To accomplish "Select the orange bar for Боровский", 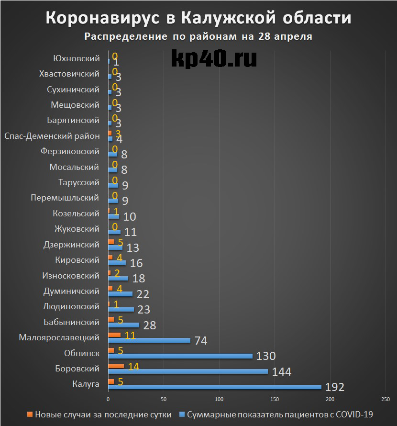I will (x=116, y=366).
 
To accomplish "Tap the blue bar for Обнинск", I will (x=180, y=356).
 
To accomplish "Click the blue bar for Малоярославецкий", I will (x=149, y=340).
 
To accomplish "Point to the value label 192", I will (x=335, y=387).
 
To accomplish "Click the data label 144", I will (x=282, y=371).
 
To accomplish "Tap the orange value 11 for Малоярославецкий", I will (x=130, y=335).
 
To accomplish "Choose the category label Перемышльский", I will (x=65, y=198).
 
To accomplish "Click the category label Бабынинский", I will (x=71, y=322).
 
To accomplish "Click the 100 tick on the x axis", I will (x=219, y=399).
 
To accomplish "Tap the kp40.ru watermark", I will (x=213, y=58).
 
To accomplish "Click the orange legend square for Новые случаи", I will (x=30, y=415).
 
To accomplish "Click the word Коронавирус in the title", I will (x=104, y=18).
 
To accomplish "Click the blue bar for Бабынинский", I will (x=123, y=325).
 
